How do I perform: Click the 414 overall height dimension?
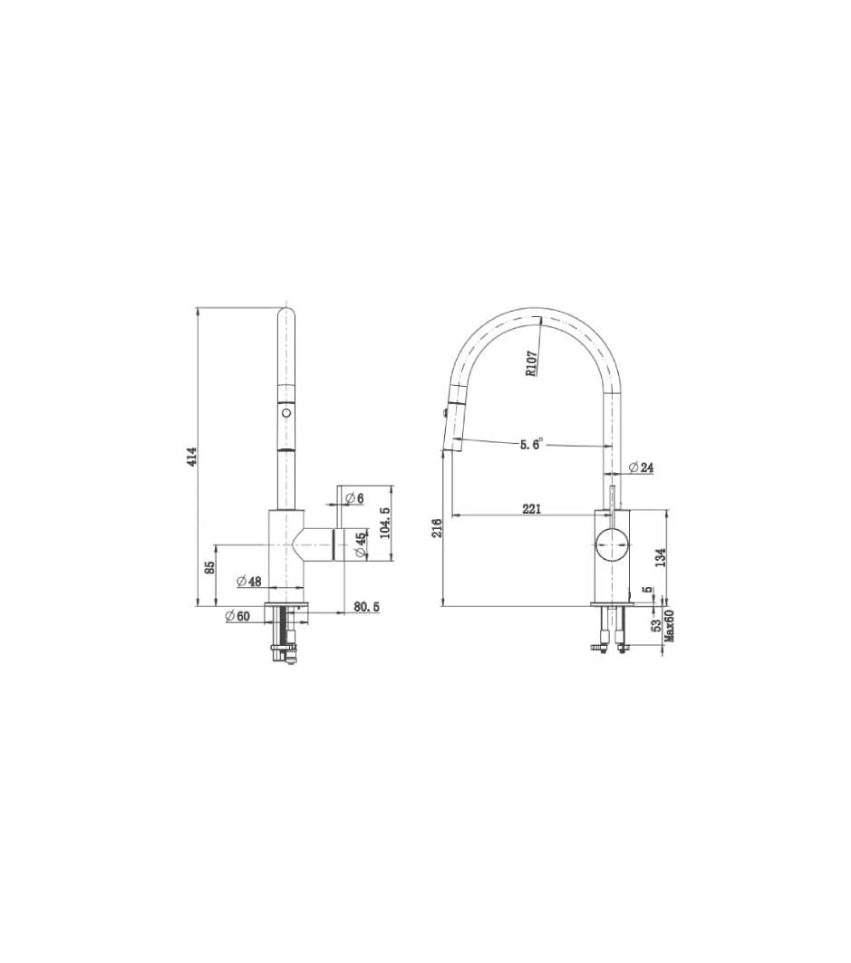[192, 457]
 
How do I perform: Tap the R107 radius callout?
[532, 362]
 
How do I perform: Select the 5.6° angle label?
[532, 445]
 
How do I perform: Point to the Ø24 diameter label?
[641, 467]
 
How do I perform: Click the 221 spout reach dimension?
[531, 508]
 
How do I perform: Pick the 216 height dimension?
[437, 528]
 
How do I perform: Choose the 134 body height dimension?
[662, 557]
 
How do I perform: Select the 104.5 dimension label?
[385, 523]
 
